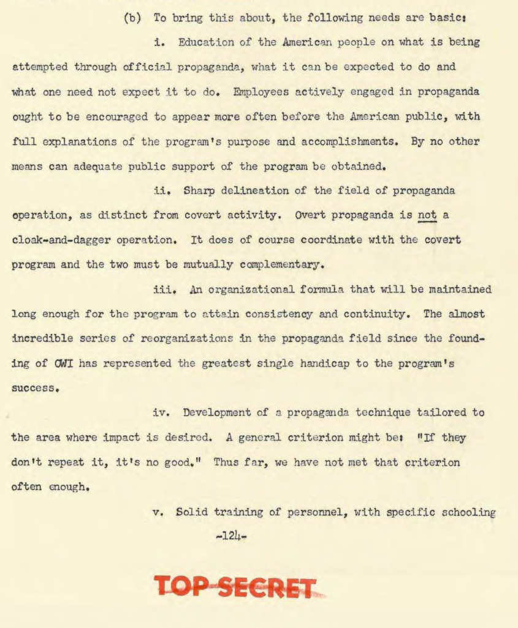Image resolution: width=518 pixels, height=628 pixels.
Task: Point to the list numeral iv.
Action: pyautogui.click(x=160, y=413)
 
